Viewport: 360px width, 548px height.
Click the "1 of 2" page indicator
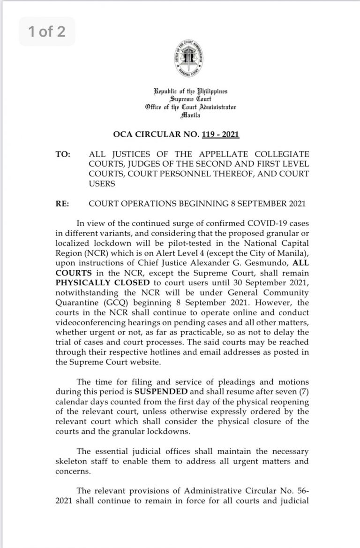(x=46, y=31)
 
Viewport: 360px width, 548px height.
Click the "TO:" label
(x=62, y=154)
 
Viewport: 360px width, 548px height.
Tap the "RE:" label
(x=62, y=204)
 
